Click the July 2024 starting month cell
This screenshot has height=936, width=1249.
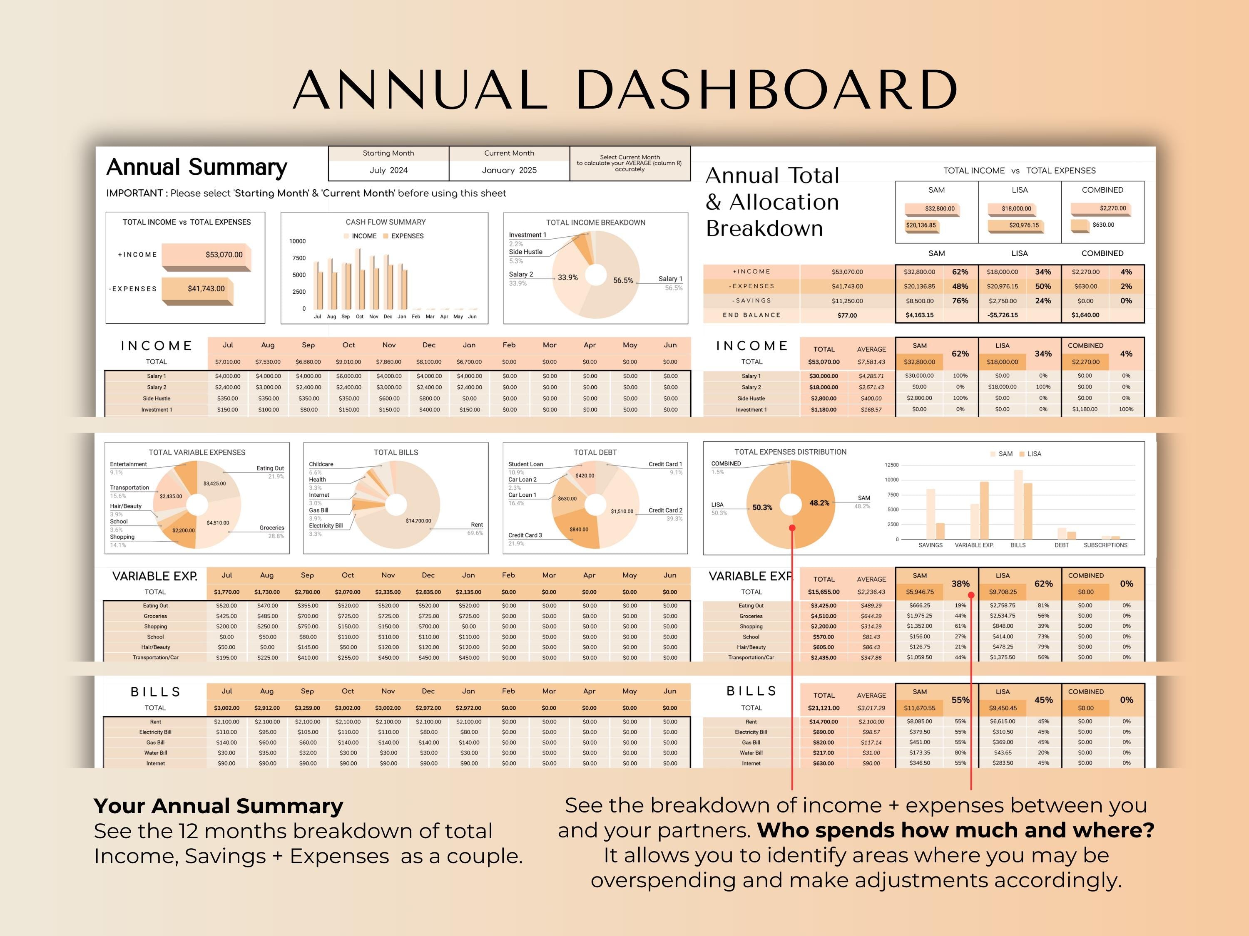(388, 170)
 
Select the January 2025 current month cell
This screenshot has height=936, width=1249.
(509, 170)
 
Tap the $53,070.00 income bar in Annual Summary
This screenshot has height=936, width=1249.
(206, 255)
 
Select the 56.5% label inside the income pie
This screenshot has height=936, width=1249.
(623, 280)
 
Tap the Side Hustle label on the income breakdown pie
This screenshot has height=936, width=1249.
(525, 252)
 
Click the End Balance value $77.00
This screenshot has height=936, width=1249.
(846, 315)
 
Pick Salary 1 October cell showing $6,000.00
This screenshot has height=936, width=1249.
(348, 376)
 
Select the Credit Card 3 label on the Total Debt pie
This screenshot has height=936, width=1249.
(525, 535)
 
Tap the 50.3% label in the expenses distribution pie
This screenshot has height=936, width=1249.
(762, 507)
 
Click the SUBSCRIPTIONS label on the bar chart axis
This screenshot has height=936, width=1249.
(1105, 545)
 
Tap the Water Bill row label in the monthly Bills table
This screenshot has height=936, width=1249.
(155, 753)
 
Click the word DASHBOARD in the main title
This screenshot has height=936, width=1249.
(766, 90)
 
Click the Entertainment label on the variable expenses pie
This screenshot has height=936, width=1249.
(128, 464)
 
